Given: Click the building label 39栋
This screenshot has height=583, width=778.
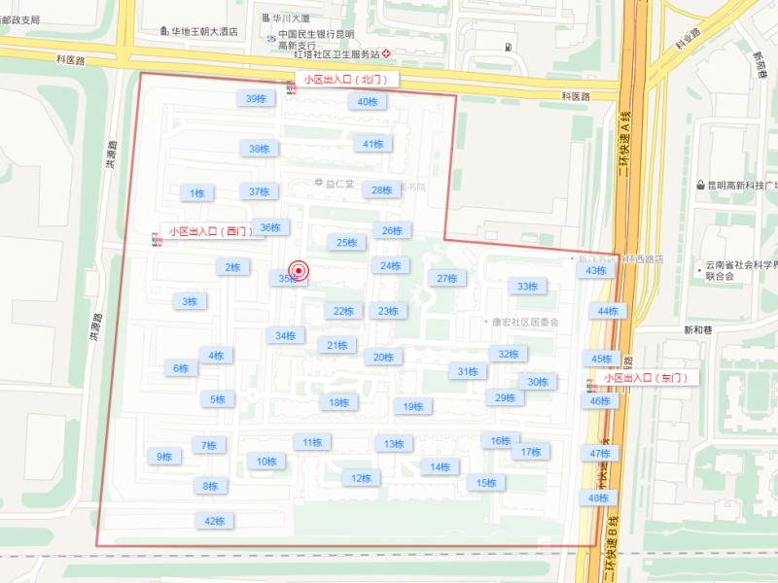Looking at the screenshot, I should click(x=256, y=98).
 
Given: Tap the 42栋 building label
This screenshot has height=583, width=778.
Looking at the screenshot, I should click(x=214, y=521).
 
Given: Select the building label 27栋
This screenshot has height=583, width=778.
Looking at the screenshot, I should click(x=446, y=279).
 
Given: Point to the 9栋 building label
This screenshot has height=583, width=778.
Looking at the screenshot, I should click(x=162, y=456).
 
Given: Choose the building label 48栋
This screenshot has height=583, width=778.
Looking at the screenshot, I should click(x=597, y=498).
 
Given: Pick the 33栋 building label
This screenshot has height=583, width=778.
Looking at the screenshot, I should click(x=527, y=287).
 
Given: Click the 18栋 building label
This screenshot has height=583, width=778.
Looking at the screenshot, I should click(x=337, y=402).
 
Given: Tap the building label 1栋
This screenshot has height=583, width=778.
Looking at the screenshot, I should click(x=197, y=193).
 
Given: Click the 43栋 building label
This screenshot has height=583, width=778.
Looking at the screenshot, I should click(x=595, y=270).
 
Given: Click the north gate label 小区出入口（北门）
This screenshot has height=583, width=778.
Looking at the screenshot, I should click(x=345, y=80).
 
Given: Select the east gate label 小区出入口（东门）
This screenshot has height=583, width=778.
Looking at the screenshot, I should click(x=646, y=377).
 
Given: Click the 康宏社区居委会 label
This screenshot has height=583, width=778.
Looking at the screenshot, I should click(x=525, y=322).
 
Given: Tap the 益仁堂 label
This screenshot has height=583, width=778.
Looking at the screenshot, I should click(x=341, y=183).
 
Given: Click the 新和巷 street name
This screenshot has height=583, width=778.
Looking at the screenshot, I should click(x=698, y=330).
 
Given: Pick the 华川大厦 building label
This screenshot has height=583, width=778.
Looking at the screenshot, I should click(x=291, y=17).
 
